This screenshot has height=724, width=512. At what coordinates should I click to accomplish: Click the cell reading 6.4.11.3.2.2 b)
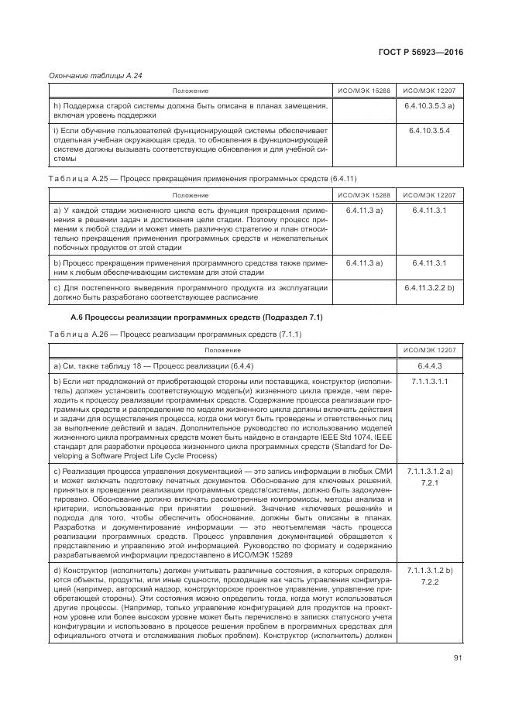[428, 287]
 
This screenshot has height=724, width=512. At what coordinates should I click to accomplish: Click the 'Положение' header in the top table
[191, 91]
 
